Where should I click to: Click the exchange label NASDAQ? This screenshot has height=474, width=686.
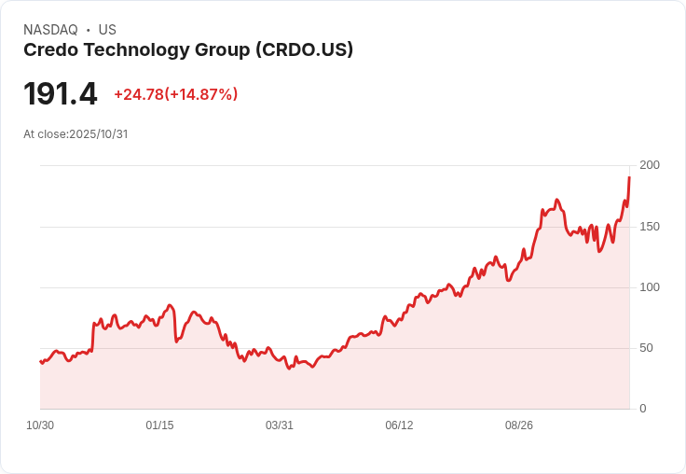pos(49,30)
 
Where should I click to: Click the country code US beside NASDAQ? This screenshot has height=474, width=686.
pos(107,30)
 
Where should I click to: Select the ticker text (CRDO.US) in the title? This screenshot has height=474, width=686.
pos(304,50)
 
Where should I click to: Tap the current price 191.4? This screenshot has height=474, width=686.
pos(60,94)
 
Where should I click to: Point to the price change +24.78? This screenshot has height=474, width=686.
pos(138,94)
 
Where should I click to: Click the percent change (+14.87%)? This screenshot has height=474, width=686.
pos(201,94)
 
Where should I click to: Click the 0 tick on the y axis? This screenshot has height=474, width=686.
pos(642,409)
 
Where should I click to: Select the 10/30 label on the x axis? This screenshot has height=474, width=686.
pos(40,425)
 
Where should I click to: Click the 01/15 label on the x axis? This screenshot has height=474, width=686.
pos(159,425)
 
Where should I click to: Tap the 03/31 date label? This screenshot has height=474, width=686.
pos(279,425)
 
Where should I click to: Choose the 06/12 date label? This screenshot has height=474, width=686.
pos(399,425)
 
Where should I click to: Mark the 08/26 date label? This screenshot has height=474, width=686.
pos(518,425)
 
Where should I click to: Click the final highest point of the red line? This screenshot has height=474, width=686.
pos(629,177)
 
